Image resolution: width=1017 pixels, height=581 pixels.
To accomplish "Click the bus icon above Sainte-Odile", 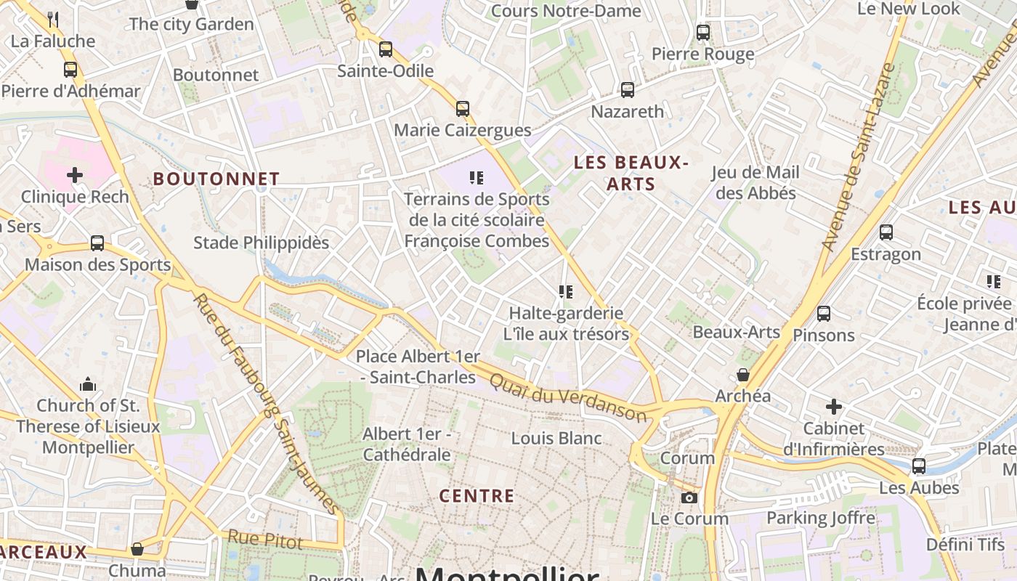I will pos(386,49).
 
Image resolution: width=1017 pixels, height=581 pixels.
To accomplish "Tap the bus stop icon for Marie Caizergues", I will pos(463,109).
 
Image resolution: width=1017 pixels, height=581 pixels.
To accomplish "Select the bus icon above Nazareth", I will pos(628,90).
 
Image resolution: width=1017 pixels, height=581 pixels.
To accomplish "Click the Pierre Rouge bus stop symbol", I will pos(703,33).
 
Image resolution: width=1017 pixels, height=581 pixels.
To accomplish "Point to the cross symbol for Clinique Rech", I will pos(75,175).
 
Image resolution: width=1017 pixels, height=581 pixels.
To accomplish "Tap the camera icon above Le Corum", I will pos(689,497).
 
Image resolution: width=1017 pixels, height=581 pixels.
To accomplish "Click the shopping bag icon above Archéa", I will pos(743,375).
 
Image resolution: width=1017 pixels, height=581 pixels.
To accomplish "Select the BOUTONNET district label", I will pos(216,179).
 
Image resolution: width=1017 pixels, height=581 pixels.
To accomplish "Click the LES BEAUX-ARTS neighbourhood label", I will pos(631,173).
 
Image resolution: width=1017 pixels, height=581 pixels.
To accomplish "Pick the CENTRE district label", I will pos(477,496).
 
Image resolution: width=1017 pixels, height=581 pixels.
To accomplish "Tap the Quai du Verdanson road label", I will pos(567,397).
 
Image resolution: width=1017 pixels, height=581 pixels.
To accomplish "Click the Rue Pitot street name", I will pos(265,539).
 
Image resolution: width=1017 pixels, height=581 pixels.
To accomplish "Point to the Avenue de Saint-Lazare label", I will pos(858,157).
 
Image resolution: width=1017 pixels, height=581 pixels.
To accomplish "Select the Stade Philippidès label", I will pos(261,243).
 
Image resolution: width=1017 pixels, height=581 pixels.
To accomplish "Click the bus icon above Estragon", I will pos(886,232).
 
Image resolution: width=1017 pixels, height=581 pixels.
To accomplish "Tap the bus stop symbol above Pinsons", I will pos(824,314).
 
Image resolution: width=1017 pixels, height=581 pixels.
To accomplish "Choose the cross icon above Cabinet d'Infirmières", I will pos(834,407).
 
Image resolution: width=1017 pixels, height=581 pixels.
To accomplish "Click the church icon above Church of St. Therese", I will pos(88,383).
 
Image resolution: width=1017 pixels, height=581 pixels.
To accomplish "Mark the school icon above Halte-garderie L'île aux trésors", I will pos(566,292).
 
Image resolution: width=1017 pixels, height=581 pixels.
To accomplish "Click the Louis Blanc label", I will pos(556,438).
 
